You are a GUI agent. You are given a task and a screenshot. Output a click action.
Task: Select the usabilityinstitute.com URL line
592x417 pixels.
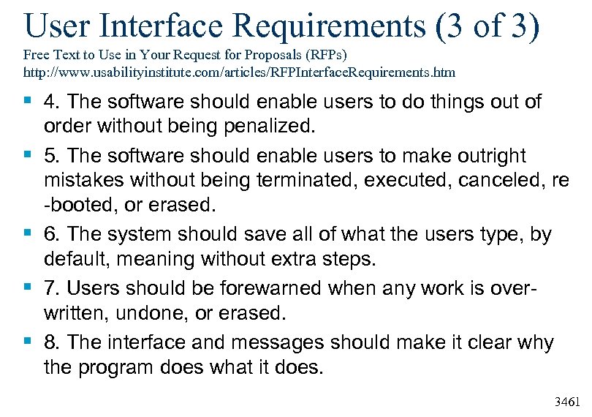pyautogui.click(x=239, y=73)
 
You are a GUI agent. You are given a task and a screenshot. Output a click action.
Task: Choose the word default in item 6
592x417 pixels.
pyautogui.click(x=80, y=260)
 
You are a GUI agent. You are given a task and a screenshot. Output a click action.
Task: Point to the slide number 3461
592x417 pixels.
pyautogui.click(x=568, y=402)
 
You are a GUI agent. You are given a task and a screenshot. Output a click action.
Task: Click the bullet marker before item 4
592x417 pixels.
pyautogui.click(x=28, y=101)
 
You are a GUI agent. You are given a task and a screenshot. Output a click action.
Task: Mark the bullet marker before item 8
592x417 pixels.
pyautogui.click(x=28, y=342)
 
